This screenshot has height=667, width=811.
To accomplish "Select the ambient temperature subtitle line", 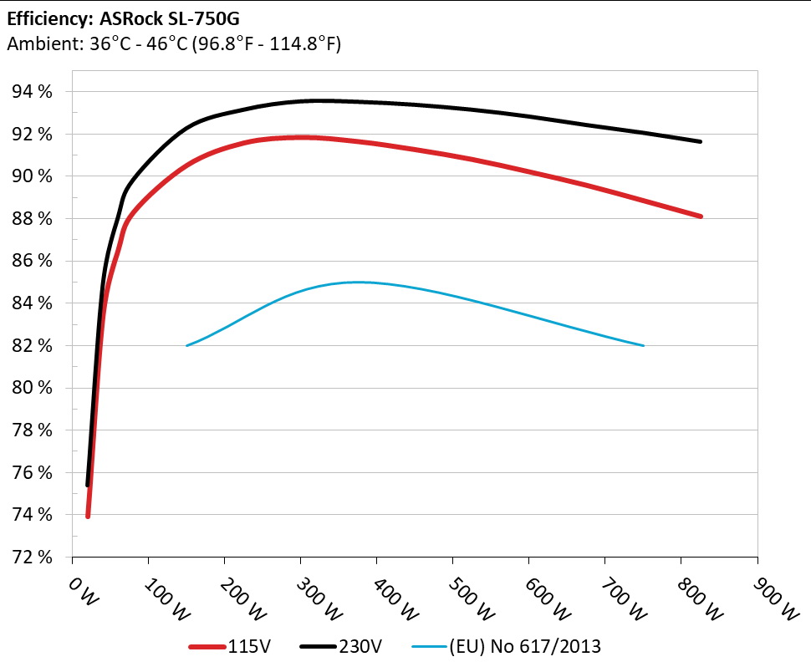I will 173,44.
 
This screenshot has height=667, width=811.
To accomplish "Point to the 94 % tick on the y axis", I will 33,92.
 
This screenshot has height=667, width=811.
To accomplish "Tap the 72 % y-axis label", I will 33,558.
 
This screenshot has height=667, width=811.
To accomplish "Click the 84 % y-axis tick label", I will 33,303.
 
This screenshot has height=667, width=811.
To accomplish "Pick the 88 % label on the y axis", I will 33,219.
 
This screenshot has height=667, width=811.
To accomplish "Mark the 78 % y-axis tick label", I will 33,430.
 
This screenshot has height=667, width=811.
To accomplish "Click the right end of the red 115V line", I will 700,216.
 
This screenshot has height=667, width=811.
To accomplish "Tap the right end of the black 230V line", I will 700,141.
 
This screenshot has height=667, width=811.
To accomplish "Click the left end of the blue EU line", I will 186,345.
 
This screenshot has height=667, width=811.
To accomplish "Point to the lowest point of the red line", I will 88,516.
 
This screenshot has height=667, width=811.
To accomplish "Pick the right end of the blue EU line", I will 643,345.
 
